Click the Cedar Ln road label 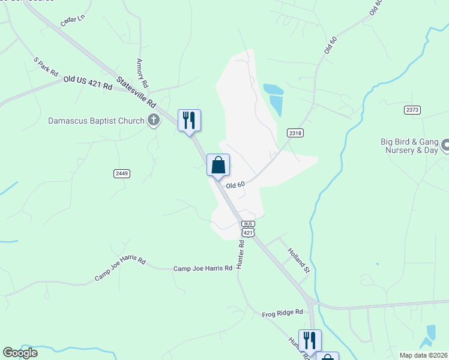[x=73, y=21]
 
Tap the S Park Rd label [x=46, y=67]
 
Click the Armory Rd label [x=143, y=73]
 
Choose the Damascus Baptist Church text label [x=97, y=121]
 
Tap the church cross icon [x=154, y=120]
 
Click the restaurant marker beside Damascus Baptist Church [x=189, y=120]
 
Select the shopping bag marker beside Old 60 [x=218, y=165]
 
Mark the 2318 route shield [x=294, y=133]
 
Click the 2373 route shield [x=412, y=110]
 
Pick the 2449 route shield [x=121, y=173]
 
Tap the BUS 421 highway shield [x=249, y=228]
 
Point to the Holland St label [x=298, y=260]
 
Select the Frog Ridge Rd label [x=284, y=314]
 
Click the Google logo [x=20, y=353]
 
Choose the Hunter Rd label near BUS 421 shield [x=241, y=255]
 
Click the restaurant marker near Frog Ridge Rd [x=310, y=340]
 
